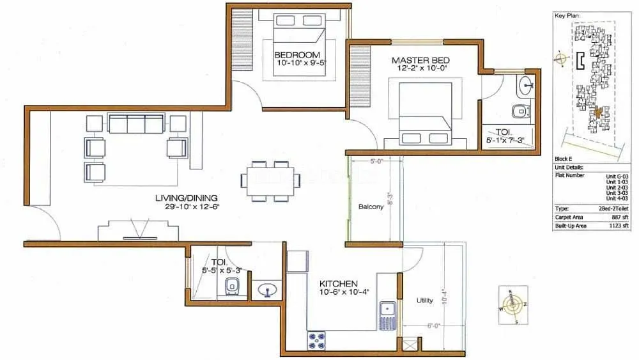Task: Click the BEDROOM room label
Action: (x=297, y=54)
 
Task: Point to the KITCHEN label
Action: (x=339, y=283)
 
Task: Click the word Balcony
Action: (x=371, y=207)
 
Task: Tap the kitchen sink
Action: (x=387, y=311)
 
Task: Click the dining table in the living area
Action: (x=270, y=180)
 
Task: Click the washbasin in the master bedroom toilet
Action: (x=527, y=83)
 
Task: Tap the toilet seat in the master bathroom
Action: (x=523, y=111)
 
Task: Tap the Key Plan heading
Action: (x=566, y=14)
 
